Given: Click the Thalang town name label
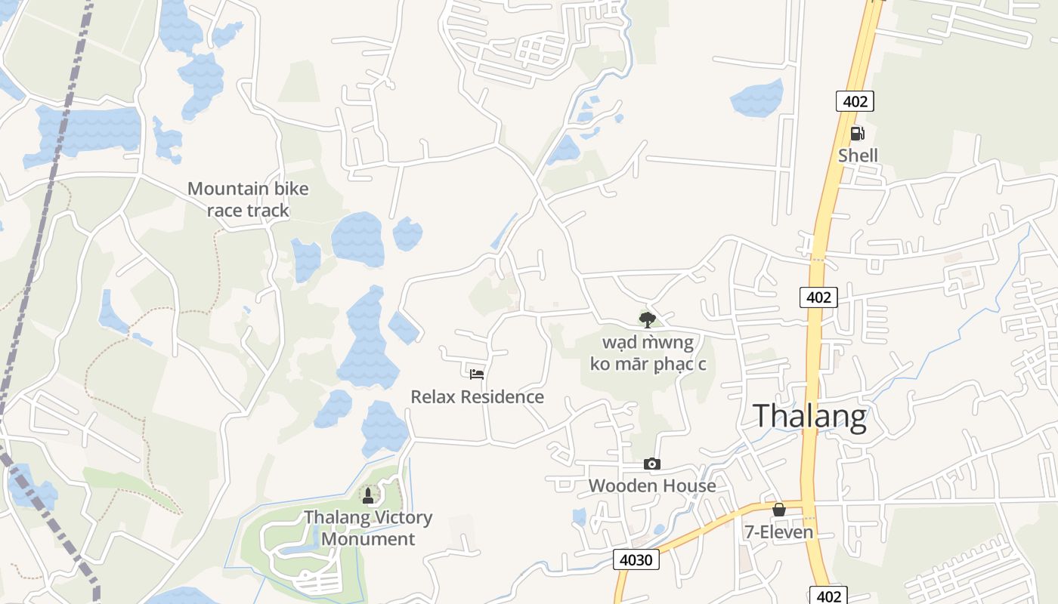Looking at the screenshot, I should click(809, 416).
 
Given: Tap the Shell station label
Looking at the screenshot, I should click(858, 156).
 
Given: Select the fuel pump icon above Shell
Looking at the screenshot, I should click(857, 134).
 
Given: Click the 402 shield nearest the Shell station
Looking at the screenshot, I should click(855, 101).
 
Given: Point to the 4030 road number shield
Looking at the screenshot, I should click(636, 559).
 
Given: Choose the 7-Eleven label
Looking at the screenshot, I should click(778, 532).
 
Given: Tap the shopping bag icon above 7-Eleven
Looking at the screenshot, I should click(778, 510).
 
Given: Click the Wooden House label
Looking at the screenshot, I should click(651, 485).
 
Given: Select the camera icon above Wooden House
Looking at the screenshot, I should click(651, 464).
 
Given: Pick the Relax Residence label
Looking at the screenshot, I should click(477, 396).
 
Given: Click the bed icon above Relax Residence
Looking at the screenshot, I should click(476, 374).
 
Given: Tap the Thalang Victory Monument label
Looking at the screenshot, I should click(368, 528).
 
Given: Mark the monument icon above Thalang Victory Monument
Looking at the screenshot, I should click(368, 495).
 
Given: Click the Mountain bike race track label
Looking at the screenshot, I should click(248, 199).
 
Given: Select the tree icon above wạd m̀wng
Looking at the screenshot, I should click(647, 319).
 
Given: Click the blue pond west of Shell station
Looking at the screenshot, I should click(756, 98).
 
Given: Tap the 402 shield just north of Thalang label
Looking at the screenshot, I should click(818, 297).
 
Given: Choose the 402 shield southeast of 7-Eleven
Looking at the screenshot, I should click(829, 596).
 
